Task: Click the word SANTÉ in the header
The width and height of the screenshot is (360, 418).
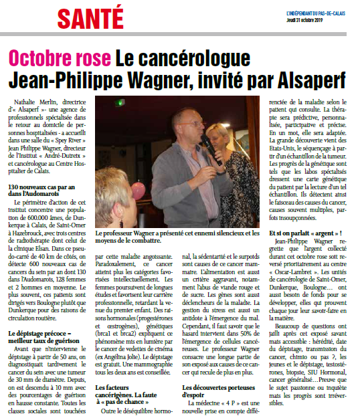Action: tap(90, 15)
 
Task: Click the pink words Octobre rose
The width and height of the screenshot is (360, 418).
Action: tap(58, 59)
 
